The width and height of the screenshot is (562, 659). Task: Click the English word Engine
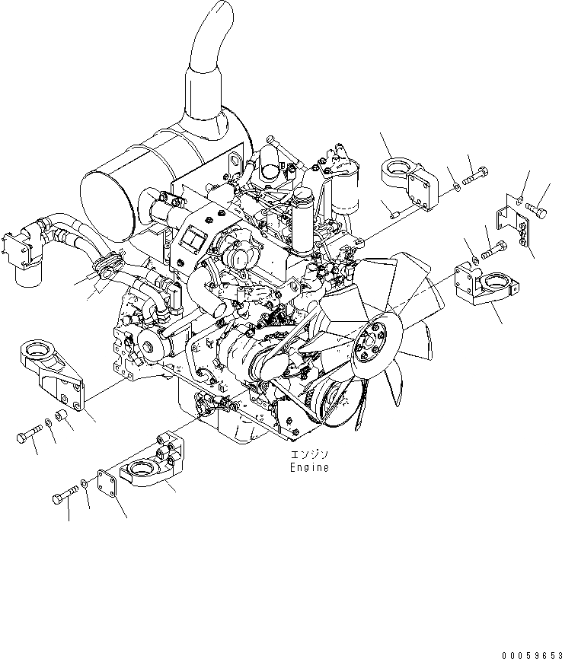[308, 468]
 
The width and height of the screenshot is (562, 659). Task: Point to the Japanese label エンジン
[308, 456]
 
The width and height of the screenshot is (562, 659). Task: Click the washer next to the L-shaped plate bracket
[519, 200]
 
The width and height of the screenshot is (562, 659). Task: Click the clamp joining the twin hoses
[107, 265]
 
